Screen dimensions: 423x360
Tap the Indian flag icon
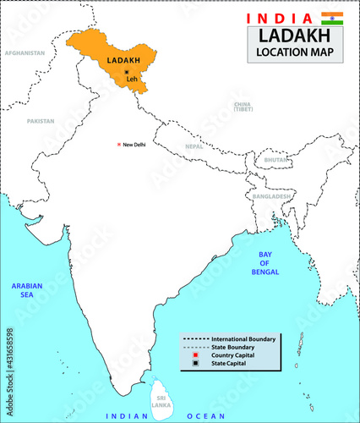(332, 18)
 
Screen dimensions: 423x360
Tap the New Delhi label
(134, 145)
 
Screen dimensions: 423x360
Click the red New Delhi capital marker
(119, 145)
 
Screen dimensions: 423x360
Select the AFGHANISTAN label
(25, 52)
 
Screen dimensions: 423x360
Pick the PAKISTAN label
(40, 121)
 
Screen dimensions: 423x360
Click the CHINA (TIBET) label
(243, 107)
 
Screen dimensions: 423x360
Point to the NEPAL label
(194, 146)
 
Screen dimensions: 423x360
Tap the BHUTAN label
(276, 160)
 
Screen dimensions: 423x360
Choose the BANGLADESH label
(270, 196)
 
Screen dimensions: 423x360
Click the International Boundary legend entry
(244, 338)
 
